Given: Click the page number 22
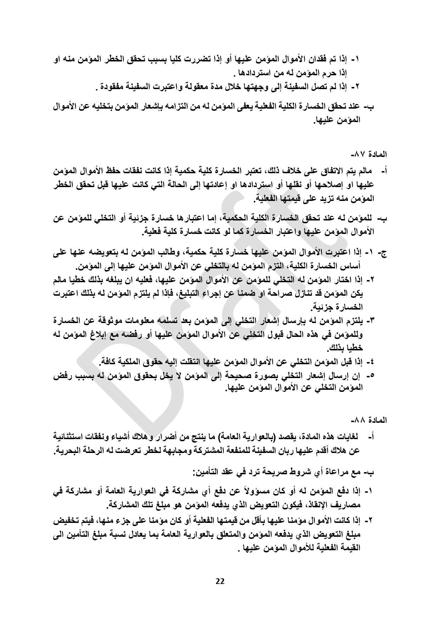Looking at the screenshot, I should tap(220, 581).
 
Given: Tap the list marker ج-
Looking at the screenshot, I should tap(383, 253).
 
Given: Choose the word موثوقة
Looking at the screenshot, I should tap(110, 321).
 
